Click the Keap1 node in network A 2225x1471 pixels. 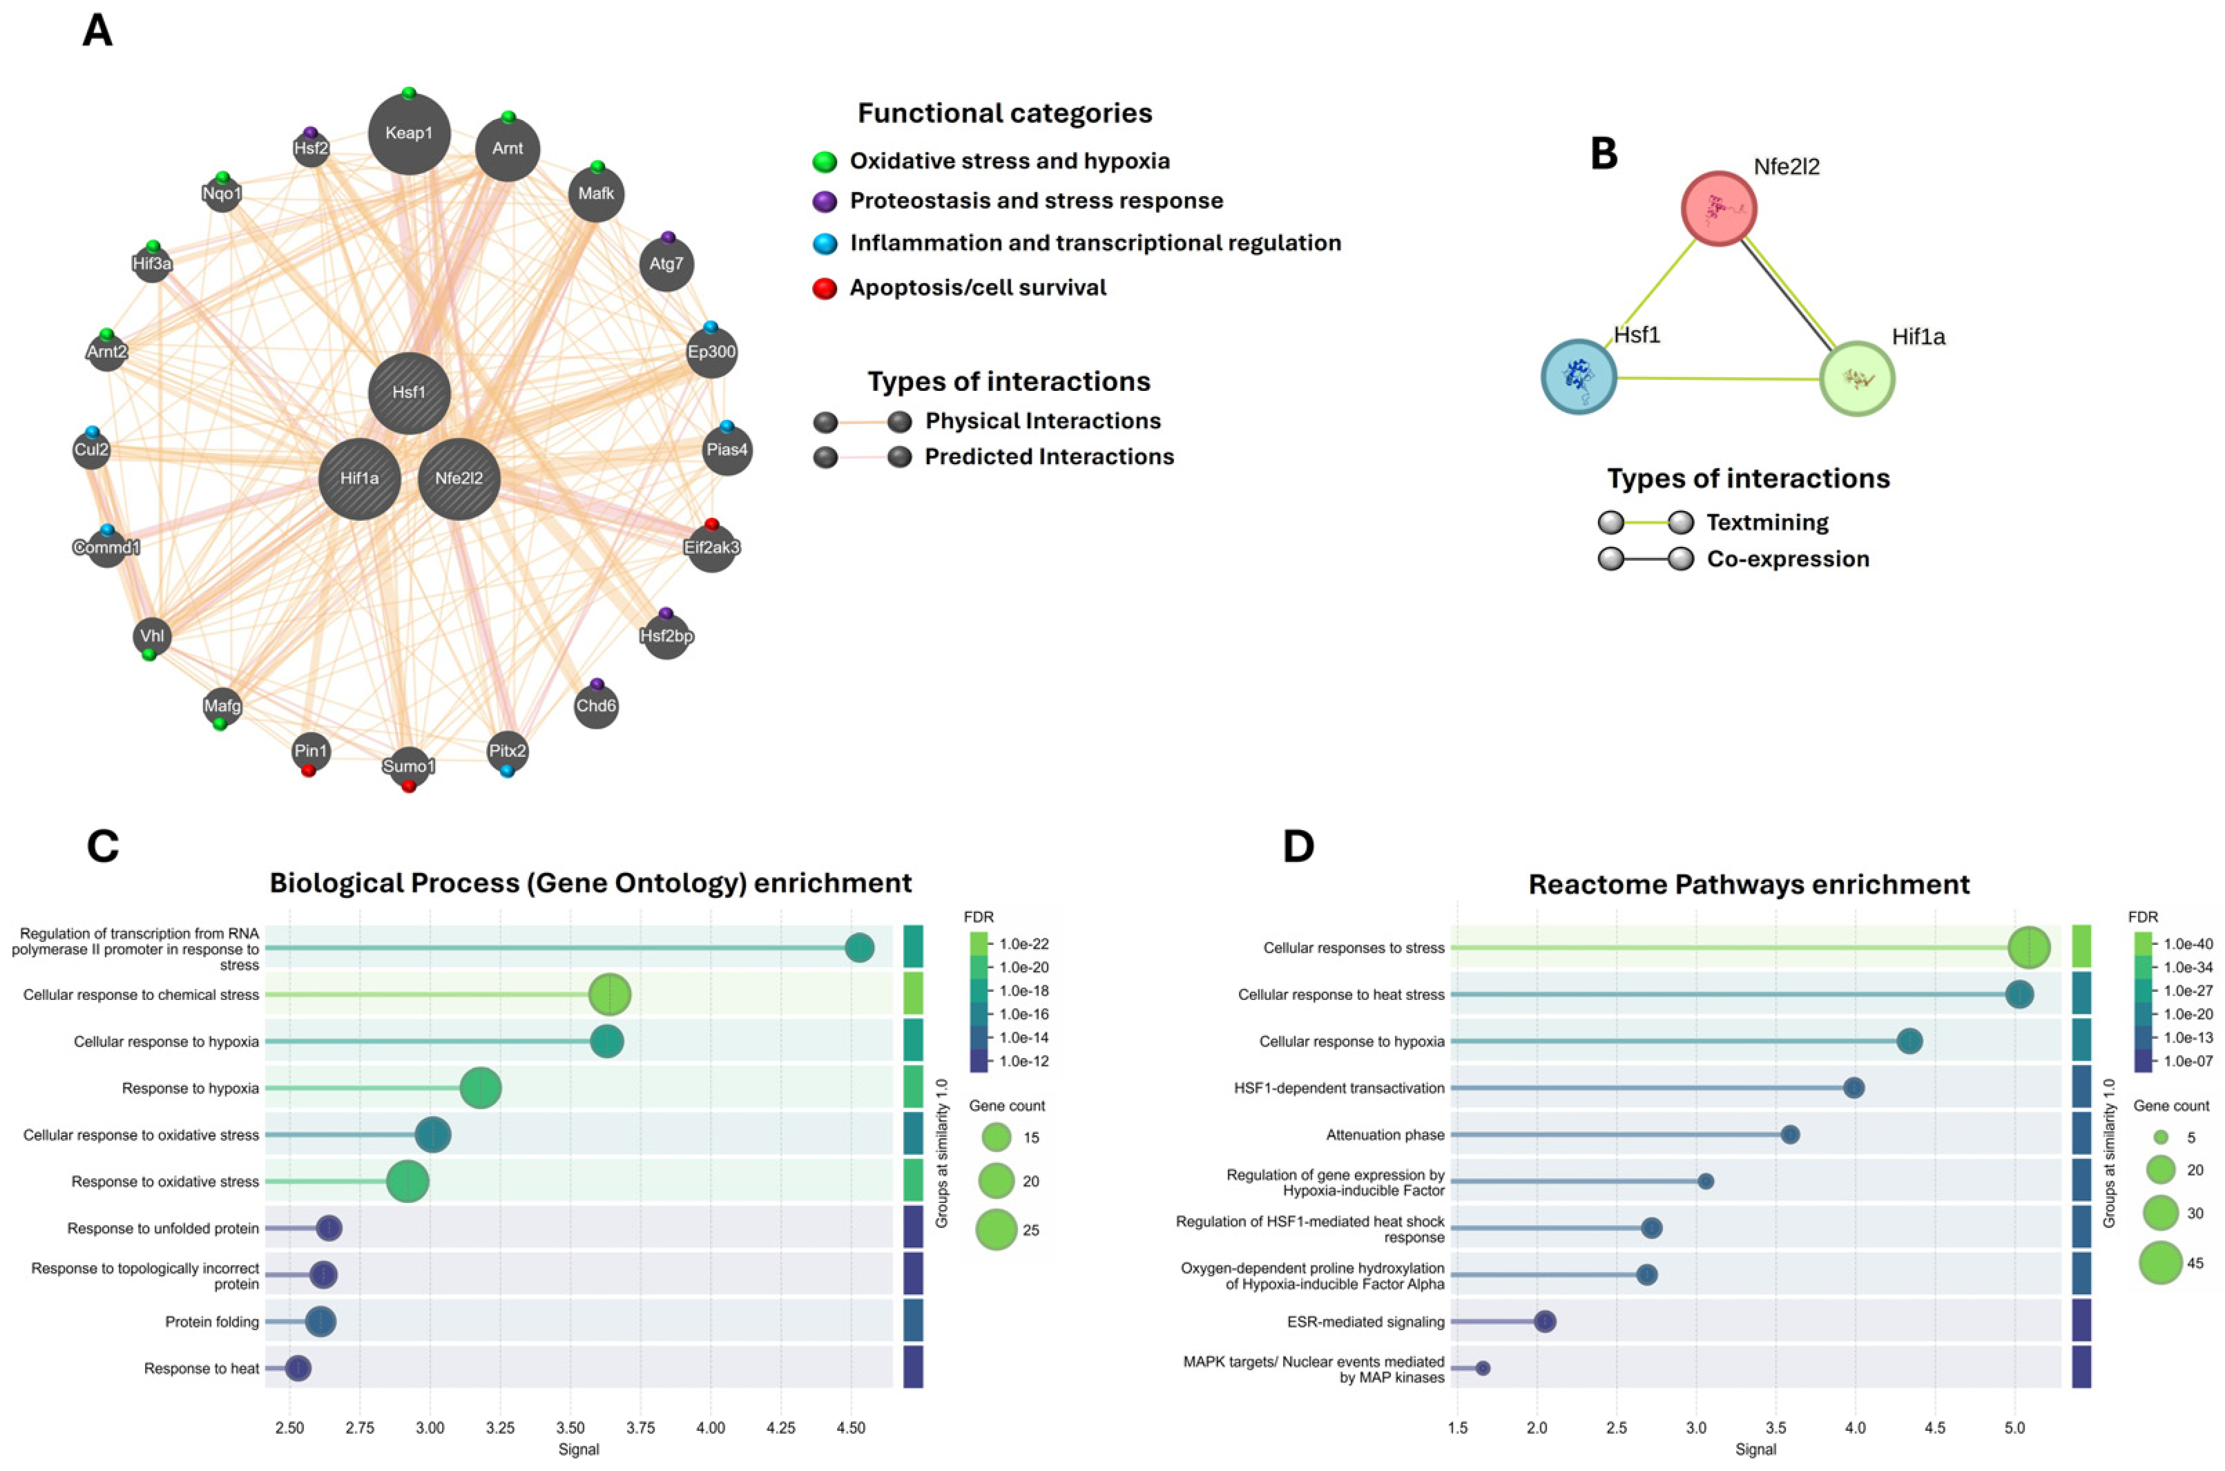409,133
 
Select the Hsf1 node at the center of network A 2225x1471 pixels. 409,393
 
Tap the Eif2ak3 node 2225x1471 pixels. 712,547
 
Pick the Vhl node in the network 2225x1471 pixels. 152,636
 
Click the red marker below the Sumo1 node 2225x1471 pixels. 409,786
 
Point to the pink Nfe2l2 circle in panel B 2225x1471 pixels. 1718,209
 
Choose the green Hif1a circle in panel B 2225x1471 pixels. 1856,379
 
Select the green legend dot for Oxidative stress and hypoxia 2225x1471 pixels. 825,162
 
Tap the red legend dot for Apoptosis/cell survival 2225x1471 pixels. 825,288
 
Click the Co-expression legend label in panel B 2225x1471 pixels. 1788,559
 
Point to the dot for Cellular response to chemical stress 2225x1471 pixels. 610,994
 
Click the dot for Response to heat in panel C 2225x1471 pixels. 298,1369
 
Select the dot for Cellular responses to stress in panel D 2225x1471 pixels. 2029,948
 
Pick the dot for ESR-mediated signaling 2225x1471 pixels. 1545,1322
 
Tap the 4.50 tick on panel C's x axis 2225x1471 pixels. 851,1429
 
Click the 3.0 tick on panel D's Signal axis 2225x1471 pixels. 1696,1429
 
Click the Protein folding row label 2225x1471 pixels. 212,1322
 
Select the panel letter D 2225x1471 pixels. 1298,846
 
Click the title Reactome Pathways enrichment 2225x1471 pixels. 1749,885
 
